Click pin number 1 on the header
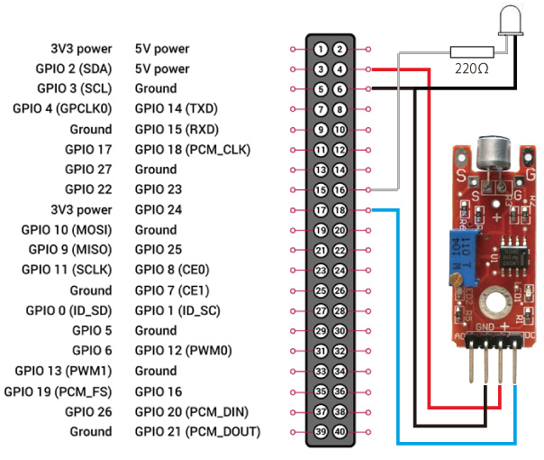(322, 49)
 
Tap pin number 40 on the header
(340, 431)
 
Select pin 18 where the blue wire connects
(340, 209)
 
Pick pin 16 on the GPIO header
(340, 189)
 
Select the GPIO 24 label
(159, 209)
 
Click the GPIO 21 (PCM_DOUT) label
(197, 431)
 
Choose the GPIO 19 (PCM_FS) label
(58, 391)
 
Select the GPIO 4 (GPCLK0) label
(62, 109)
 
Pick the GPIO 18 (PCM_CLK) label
(192, 149)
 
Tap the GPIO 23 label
(159, 189)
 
